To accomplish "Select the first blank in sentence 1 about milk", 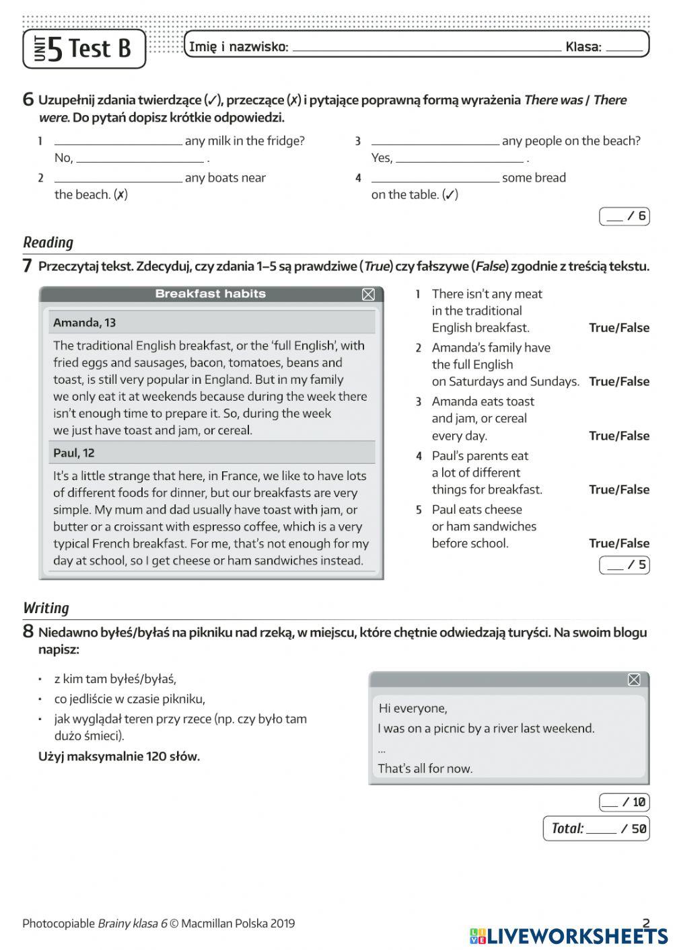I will tap(118, 141).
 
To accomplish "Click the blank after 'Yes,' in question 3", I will tap(459, 159).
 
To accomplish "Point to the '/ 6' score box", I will tap(625, 216).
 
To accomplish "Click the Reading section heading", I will tap(48, 242).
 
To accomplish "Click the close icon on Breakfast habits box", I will tap(368, 294).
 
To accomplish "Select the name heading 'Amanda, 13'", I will tap(84, 323).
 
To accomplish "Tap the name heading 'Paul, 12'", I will tap(74, 453).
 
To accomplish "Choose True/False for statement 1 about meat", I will tap(618, 328).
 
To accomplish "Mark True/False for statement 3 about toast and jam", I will tap(618, 436).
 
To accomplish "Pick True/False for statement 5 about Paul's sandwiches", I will tap(618, 543).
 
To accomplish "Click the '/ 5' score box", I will tap(625, 565).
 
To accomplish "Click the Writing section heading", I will tap(46, 608).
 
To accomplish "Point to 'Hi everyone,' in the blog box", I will tap(413, 708).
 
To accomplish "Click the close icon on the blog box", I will tap(634, 680).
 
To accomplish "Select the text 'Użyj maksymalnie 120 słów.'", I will tap(119, 756).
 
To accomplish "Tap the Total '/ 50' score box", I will tap(596, 828).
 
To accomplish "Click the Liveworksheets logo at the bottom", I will tap(569, 935).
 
